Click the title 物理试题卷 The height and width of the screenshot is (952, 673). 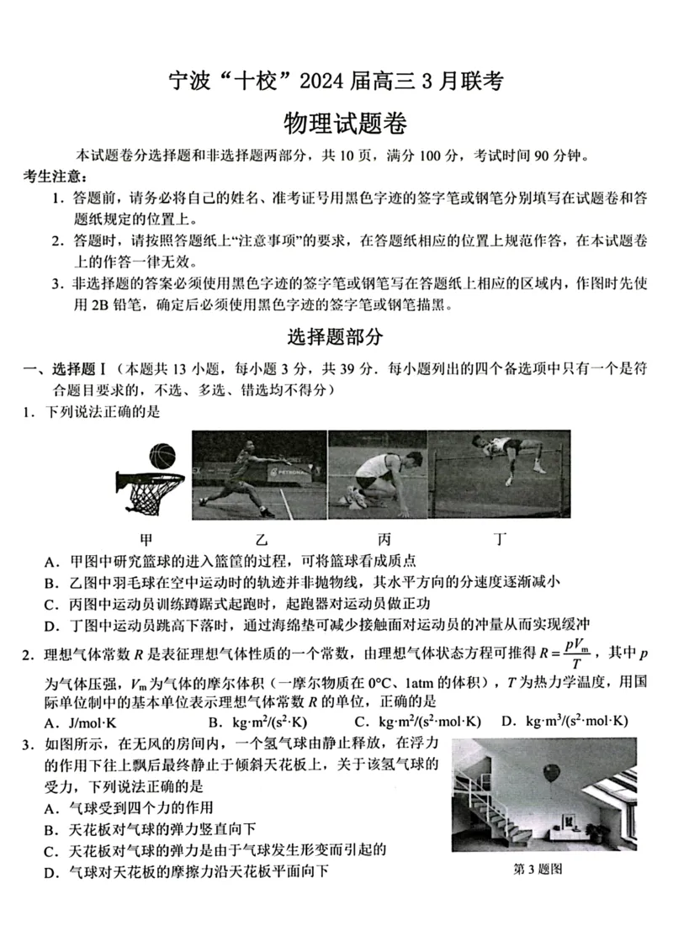click(x=346, y=124)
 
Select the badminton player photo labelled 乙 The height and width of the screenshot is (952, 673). click(x=259, y=475)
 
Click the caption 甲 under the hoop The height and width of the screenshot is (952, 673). click(x=147, y=538)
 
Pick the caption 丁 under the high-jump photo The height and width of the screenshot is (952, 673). click(x=501, y=538)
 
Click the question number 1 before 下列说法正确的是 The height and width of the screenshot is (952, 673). click(x=28, y=411)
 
